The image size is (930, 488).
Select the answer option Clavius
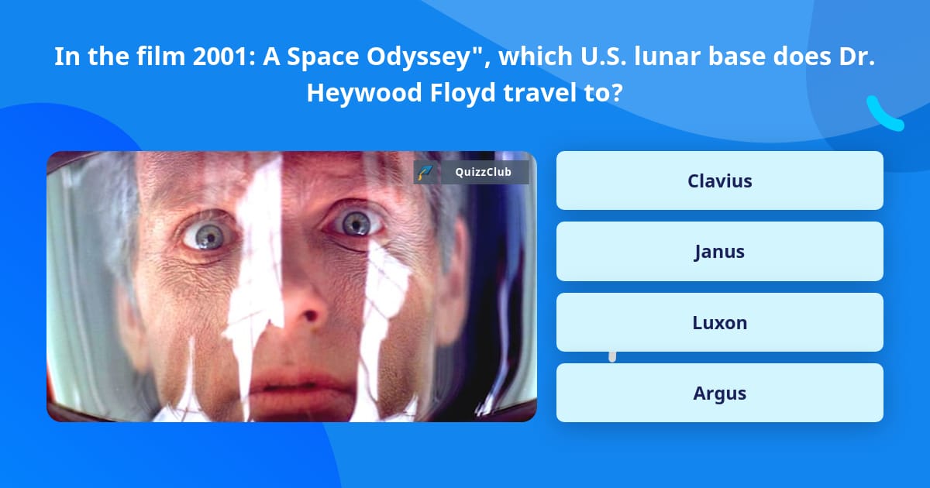[719, 180]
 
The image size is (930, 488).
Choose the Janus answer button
[719, 252]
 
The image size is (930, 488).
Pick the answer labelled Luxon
[719, 322]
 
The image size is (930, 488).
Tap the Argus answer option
[719, 393]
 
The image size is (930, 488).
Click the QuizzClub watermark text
[484, 173]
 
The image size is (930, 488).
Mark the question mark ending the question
[616, 93]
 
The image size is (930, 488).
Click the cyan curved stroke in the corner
[884, 115]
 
